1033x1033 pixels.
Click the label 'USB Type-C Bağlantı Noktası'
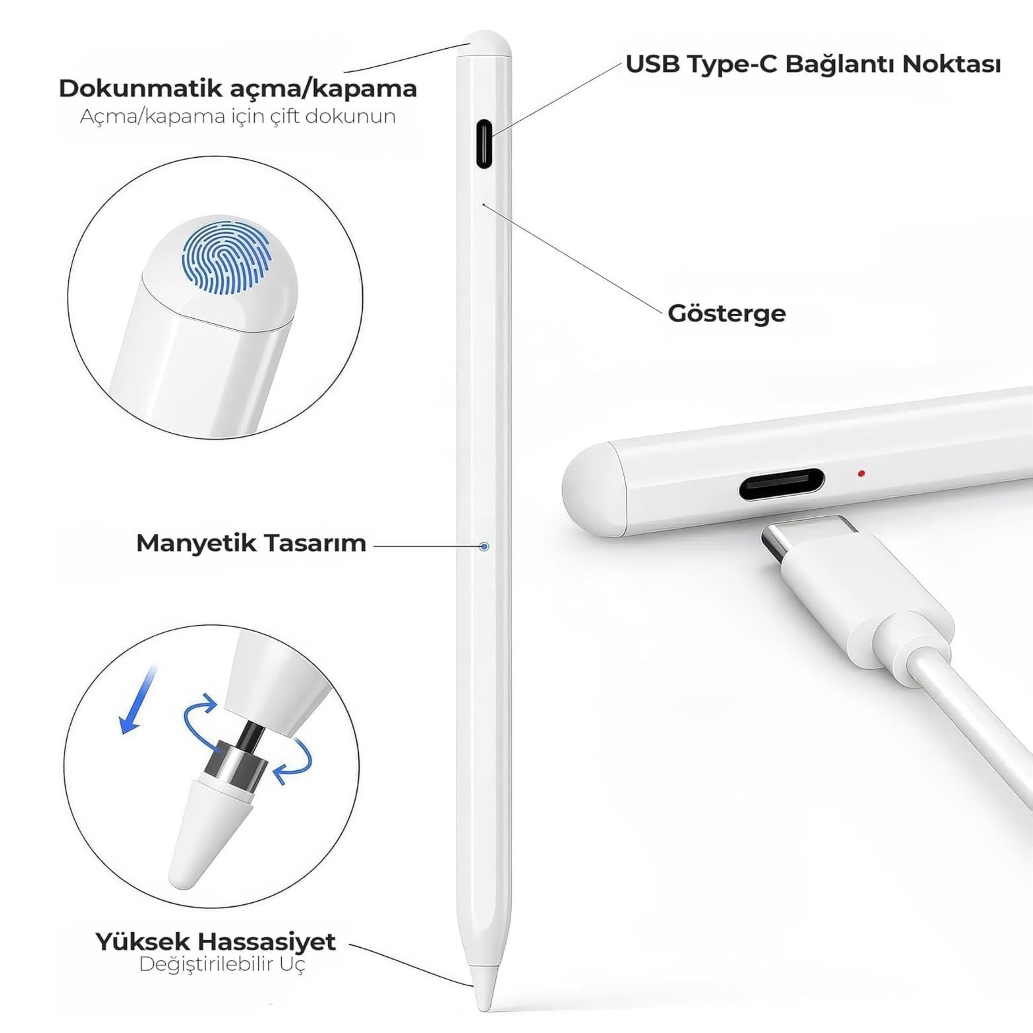[813, 65]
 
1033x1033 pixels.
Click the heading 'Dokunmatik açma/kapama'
[238, 89]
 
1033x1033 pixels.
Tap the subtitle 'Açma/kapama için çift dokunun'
[238, 117]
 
